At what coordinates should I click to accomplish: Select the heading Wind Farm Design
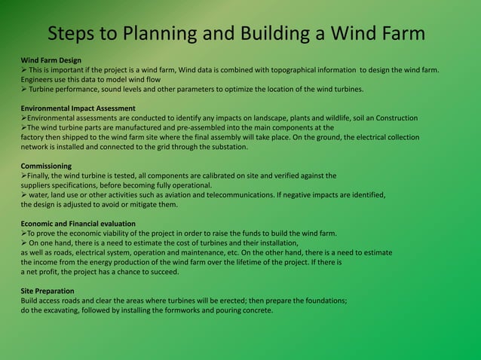(x=51, y=59)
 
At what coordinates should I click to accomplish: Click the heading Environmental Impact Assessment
(x=78, y=108)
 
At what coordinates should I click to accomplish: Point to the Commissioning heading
(x=47, y=166)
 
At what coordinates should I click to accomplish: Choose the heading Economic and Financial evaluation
(x=78, y=224)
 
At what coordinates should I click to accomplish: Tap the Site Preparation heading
(x=47, y=290)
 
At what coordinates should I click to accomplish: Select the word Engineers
(x=38, y=79)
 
